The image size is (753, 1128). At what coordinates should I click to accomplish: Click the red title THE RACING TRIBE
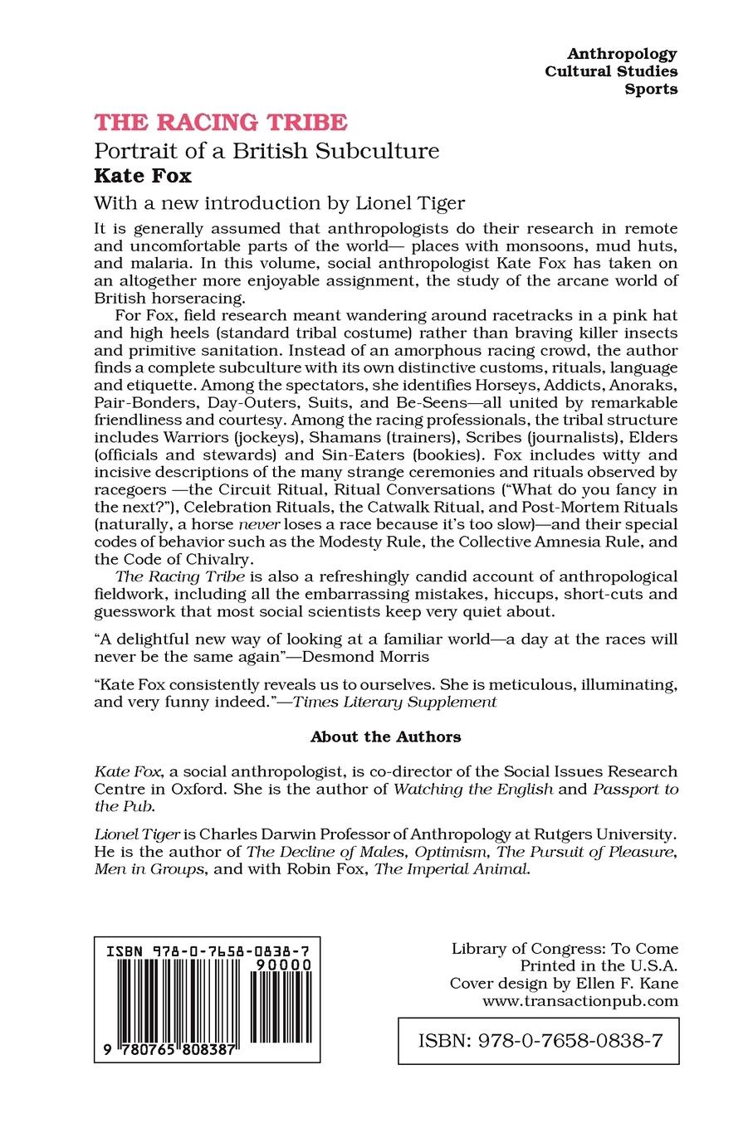tap(220, 123)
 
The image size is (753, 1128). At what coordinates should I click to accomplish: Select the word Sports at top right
tap(651, 89)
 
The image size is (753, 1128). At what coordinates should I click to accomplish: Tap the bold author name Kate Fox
tap(143, 176)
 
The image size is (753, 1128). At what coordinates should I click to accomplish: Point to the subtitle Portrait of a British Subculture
tap(266, 151)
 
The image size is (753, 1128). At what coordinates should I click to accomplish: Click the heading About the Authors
tap(385, 737)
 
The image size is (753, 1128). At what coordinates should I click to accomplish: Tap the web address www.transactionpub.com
tap(580, 1001)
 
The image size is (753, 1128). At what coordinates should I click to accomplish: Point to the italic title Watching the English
tap(472, 789)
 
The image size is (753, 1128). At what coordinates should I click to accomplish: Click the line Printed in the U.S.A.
tap(599, 965)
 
